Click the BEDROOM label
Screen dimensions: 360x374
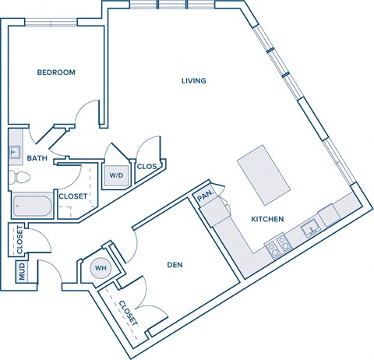(x=56, y=72)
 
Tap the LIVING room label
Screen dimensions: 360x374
(x=193, y=80)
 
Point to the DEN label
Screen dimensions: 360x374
(x=175, y=264)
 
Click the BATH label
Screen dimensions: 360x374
(x=37, y=158)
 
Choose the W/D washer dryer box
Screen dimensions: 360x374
(x=116, y=175)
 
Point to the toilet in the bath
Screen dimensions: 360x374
(x=17, y=180)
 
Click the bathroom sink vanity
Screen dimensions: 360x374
(x=15, y=153)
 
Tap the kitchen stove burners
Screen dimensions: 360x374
(x=278, y=249)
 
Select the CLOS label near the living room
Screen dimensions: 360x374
(x=146, y=166)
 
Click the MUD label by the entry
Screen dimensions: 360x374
(x=22, y=273)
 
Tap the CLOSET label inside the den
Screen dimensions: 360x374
(x=129, y=312)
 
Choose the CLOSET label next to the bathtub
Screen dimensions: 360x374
(x=72, y=196)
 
